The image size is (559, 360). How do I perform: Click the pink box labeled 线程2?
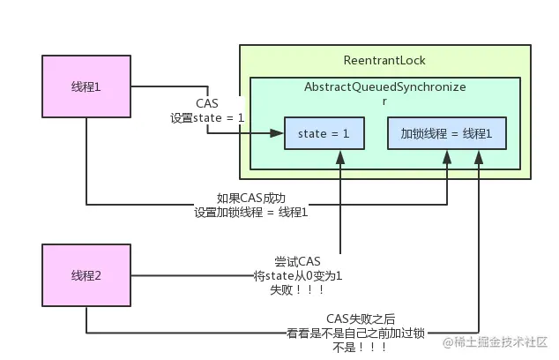[86, 275]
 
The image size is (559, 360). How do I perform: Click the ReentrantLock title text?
[384, 60]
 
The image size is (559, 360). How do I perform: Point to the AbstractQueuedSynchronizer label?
[384, 88]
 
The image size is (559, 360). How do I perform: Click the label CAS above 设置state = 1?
[207, 103]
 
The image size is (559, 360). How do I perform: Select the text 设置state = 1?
[207, 116]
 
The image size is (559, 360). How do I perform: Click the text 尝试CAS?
[297, 261]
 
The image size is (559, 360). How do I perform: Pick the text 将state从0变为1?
[297, 275]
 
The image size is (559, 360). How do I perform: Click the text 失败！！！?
[297, 289]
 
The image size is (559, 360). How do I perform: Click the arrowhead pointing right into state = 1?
[279, 134]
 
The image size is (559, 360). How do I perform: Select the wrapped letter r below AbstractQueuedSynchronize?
[384, 101]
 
